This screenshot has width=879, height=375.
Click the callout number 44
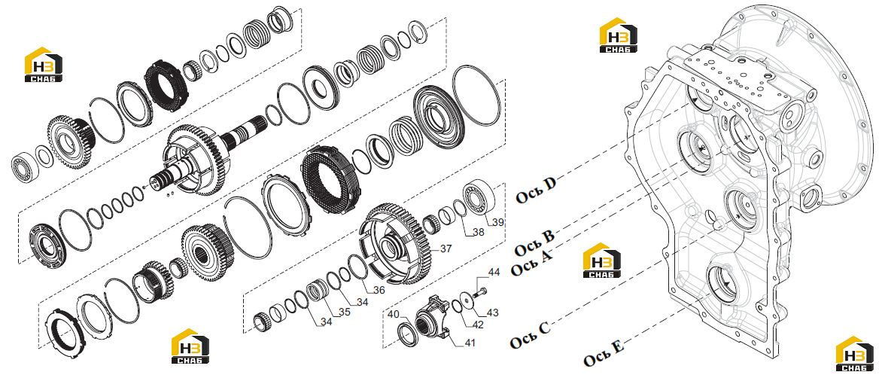pyautogui.click(x=494, y=273)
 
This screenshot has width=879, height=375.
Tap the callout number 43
pyautogui.click(x=493, y=312)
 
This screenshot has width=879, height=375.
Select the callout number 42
pyautogui.click(x=478, y=324)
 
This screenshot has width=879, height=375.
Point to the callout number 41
pyautogui.click(x=469, y=343)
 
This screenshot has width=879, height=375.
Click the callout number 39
pyautogui.click(x=498, y=223)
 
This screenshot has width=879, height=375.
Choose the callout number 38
pyautogui.click(x=478, y=231)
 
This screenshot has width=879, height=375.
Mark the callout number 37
pyautogui.click(x=446, y=248)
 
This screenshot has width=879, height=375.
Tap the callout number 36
pyautogui.click(x=379, y=291)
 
